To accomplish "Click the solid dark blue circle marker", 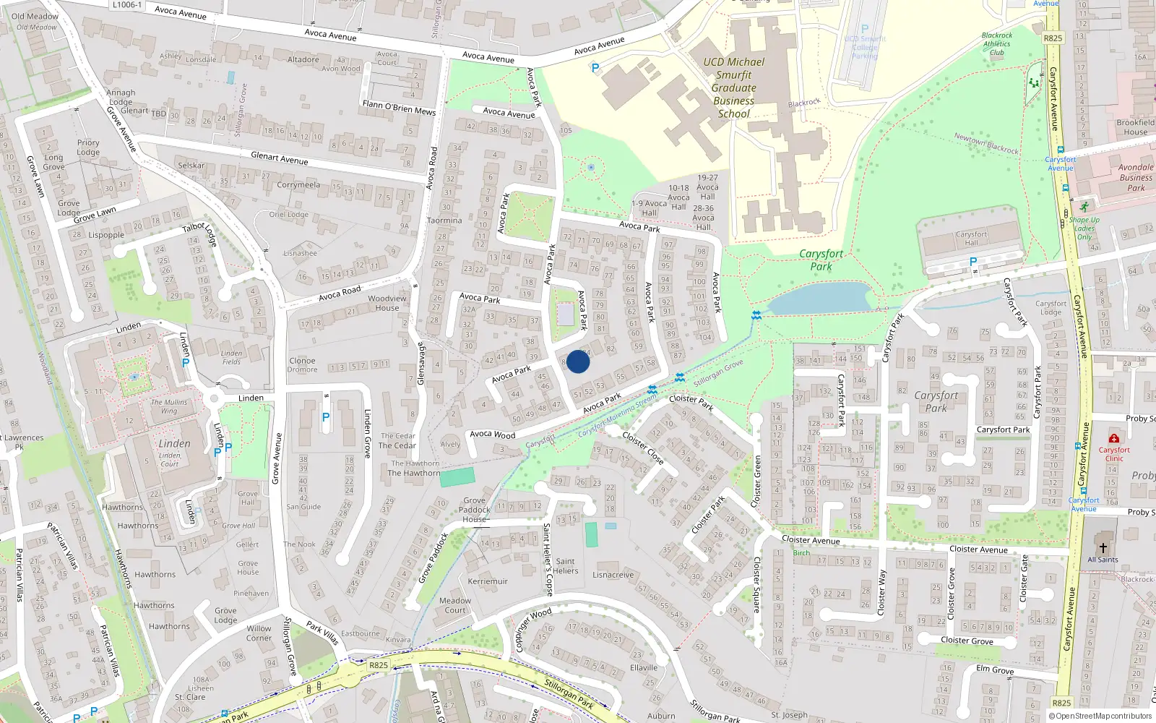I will click(578, 361).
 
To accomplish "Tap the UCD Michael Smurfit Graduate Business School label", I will click(733, 87).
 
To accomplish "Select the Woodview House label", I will click(387, 303).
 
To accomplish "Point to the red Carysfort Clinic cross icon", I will click(1114, 438).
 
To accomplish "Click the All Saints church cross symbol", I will click(1103, 548).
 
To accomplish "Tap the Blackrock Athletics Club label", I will click(997, 43).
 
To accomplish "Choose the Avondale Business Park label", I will click(1136, 177).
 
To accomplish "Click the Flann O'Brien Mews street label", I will click(399, 108).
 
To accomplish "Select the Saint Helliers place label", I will click(565, 565).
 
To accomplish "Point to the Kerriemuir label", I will click(488, 581).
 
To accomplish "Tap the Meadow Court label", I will click(455, 605).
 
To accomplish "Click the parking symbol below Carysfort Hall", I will click(972, 262).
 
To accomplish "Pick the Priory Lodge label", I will click(88, 147).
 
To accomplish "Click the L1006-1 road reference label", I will click(127, 5).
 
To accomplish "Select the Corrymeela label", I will click(298, 185).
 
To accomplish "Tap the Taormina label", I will click(444, 221).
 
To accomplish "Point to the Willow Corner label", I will click(259, 633).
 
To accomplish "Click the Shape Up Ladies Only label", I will click(1084, 228).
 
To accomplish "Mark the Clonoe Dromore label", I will click(302, 365).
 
